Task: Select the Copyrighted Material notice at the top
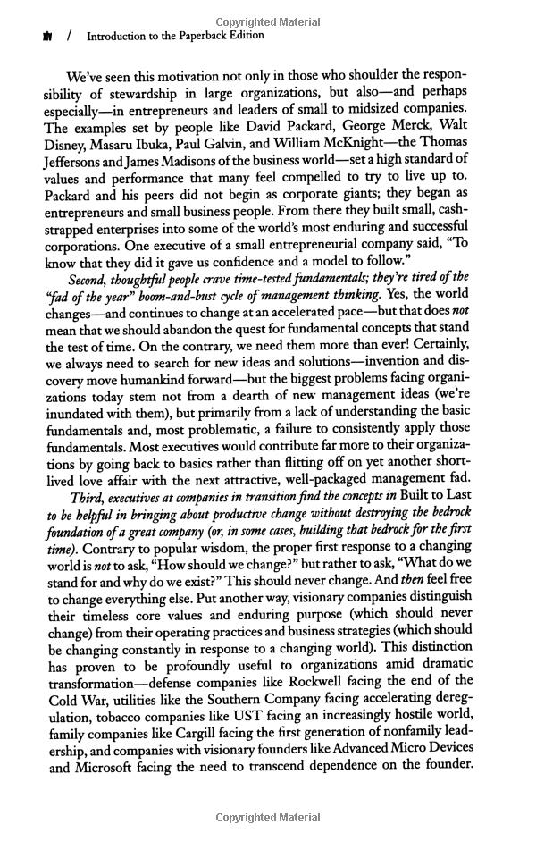tap(268, 20)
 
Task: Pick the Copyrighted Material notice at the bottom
tap(268, 818)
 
